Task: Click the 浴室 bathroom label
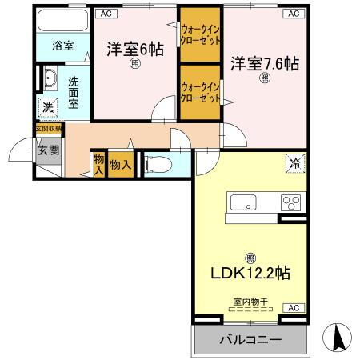pyautogui.click(x=62, y=46)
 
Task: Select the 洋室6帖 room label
pyautogui.click(x=135, y=49)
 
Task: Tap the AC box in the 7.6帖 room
pyautogui.click(x=293, y=14)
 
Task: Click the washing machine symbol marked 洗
pyautogui.click(x=48, y=107)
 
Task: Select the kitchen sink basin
pyautogui.click(x=244, y=201)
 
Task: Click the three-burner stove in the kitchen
pyautogui.click(x=290, y=202)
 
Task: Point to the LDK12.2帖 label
pyautogui.click(x=251, y=274)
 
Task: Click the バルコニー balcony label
pyautogui.click(x=250, y=340)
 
